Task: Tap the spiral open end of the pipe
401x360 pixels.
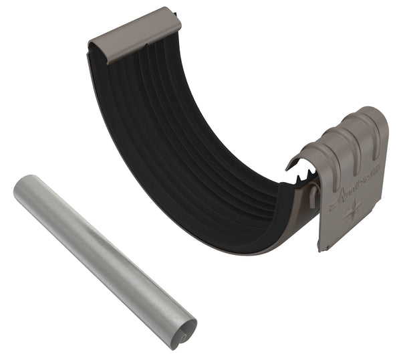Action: click(180, 331)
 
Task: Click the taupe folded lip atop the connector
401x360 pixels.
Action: click(134, 34)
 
